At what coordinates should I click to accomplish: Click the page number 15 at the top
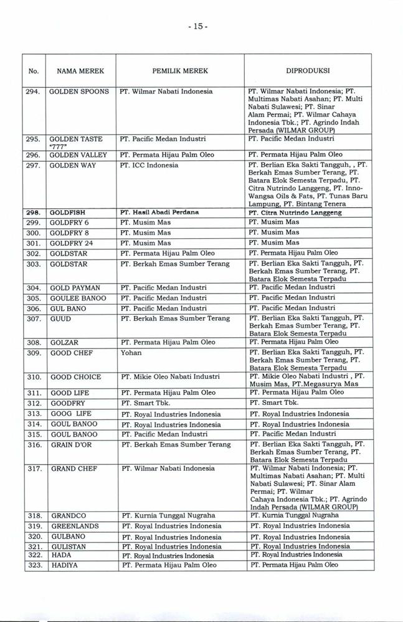click(201, 27)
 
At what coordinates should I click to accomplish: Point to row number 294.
click(35, 91)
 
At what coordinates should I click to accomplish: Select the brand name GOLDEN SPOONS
click(79, 91)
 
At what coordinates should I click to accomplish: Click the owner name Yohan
click(131, 353)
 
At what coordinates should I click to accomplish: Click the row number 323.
click(35, 565)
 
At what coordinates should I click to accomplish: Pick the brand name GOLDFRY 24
click(72, 243)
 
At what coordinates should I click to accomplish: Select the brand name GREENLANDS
click(74, 526)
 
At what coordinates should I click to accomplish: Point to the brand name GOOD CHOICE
click(75, 376)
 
